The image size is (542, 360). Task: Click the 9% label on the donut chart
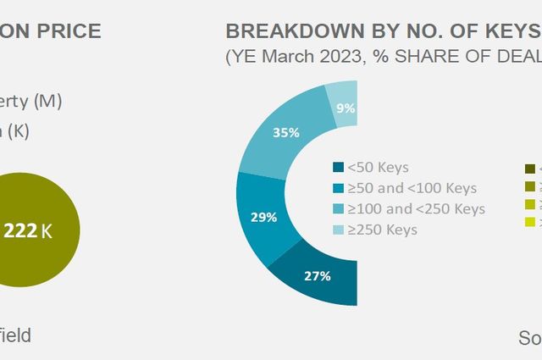pyautogui.click(x=345, y=108)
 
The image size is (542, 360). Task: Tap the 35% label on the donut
pyautogui.click(x=286, y=132)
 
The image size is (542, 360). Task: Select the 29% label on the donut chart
pyautogui.click(x=264, y=217)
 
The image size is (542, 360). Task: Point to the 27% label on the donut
pyautogui.click(x=318, y=275)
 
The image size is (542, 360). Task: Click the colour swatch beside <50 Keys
pyautogui.click(x=339, y=168)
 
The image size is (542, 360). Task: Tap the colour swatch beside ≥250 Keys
pyautogui.click(x=339, y=230)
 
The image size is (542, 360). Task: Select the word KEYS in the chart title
pyautogui.click(x=509, y=31)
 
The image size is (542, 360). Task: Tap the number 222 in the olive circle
pyautogui.click(x=20, y=230)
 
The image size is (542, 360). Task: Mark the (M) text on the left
pyautogui.click(x=47, y=101)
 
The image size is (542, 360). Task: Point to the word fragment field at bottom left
pyautogui.click(x=14, y=335)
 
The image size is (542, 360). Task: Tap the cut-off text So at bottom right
pyautogui.click(x=529, y=338)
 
